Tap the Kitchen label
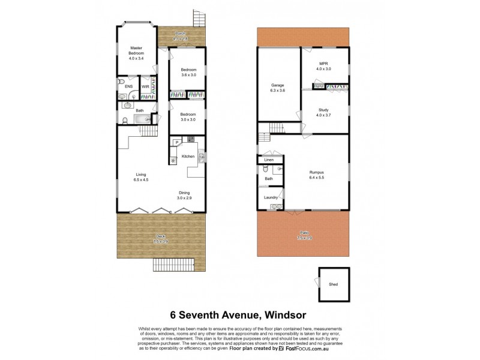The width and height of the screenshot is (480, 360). pyautogui.click(x=188, y=157)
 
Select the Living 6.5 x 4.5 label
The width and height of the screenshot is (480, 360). pyautogui.click(x=140, y=177)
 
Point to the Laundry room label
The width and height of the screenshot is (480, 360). pyautogui.click(x=269, y=197)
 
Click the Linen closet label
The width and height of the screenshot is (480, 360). pyautogui.click(x=269, y=160)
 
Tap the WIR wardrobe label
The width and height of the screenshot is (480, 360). pyautogui.click(x=145, y=87)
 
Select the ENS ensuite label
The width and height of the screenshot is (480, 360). pyautogui.click(x=128, y=87)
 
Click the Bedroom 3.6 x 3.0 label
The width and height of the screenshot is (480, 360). pyautogui.click(x=188, y=72)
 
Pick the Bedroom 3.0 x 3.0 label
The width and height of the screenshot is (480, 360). pyautogui.click(x=188, y=117)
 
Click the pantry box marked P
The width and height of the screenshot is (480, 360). pyautogui.click(x=177, y=142)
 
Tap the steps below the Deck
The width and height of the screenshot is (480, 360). pyautogui.click(x=174, y=264)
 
